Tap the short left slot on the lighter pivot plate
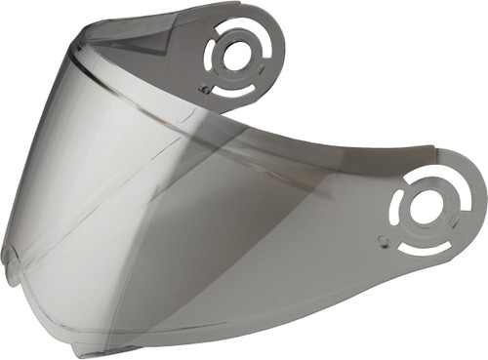pyautogui.click(x=399, y=208)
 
